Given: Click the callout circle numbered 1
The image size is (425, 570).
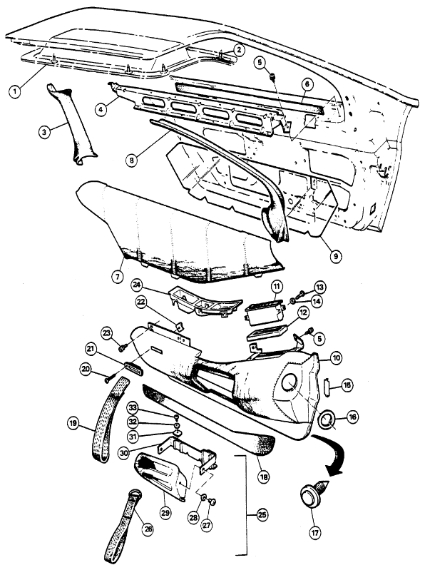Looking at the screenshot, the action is pyautogui.click(x=15, y=91).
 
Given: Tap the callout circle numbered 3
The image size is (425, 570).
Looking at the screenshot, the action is pyautogui.click(x=44, y=132).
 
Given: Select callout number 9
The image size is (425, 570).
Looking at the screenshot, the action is pyautogui.click(x=335, y=255).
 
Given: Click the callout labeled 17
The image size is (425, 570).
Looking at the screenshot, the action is pyautogui.click(x=314, y=533).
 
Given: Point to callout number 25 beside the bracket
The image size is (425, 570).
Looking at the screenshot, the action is pyautogui.click(x=262, y=515).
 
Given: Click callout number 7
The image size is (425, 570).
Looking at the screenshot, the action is pyautogui.click(x=118, y=277).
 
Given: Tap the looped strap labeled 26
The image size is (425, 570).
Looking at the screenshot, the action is pyautogui.click(x=123, y=526).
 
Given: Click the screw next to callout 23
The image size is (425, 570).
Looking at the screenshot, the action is pyautogui.click(x=122, y=348).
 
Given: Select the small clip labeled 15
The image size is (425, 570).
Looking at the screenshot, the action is pyautogui.click(x=327, y=384).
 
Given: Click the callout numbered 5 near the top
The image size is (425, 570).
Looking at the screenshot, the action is pyautogui.click(x=260, y=62).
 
